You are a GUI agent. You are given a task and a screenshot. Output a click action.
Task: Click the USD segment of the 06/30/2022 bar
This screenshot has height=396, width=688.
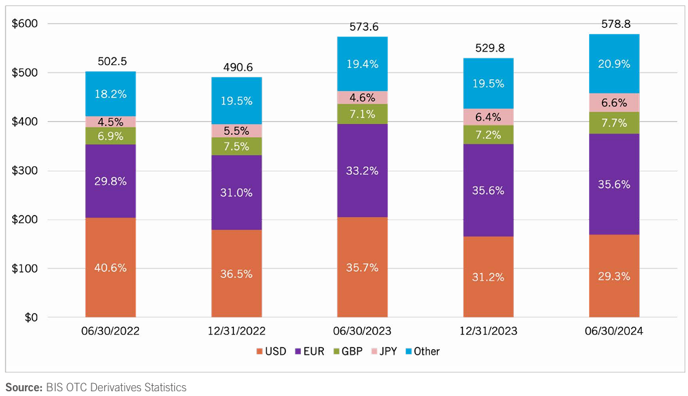tap(110, 267)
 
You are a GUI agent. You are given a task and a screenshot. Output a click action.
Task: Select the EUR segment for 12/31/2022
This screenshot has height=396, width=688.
tap(236, 193)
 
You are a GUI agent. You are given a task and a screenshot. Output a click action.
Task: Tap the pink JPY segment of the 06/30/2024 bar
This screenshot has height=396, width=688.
tap(614, 102)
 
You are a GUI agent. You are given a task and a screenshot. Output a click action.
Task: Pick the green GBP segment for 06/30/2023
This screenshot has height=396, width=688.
tap(363, 113)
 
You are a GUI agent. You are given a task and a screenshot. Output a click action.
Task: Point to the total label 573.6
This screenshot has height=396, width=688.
tap(363, 26)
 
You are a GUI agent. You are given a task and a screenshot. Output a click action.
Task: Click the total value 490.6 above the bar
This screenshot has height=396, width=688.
tap(237, 66)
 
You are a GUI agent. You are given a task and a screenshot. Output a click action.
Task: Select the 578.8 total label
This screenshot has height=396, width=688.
tap(615, 24)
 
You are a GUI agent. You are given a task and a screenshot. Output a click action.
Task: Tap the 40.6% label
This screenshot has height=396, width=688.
tap(110, 267)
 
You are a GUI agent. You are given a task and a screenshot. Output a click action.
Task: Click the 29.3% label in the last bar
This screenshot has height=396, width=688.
tap(614, 276)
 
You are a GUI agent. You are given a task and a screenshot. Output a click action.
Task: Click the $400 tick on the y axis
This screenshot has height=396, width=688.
tap(24, 122)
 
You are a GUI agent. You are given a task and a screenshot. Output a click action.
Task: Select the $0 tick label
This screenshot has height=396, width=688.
tap(31, 317)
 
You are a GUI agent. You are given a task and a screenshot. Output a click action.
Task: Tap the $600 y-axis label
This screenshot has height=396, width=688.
tap(24, 24)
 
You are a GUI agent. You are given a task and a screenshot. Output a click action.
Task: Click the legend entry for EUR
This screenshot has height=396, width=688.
tap(315, 351)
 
